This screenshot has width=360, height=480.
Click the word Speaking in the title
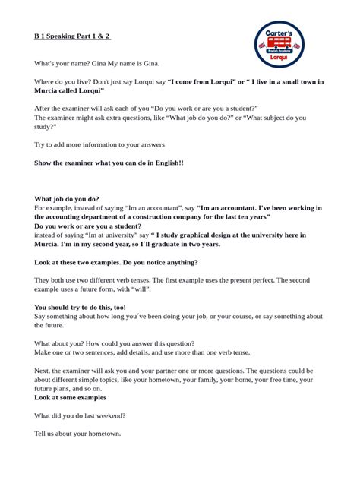point(65,35)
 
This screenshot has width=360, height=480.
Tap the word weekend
point(109,415)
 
